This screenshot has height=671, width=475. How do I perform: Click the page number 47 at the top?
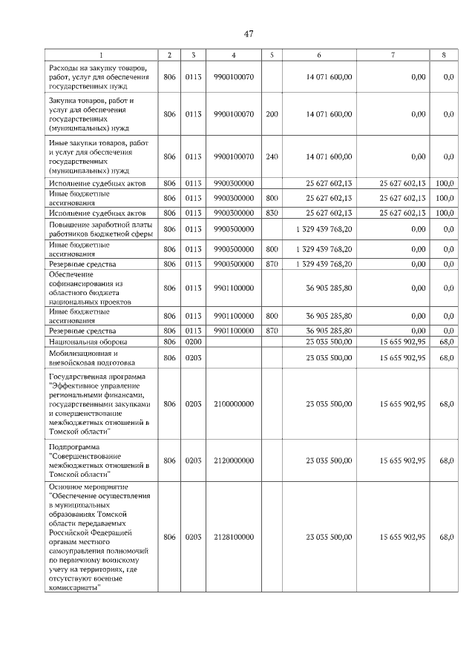coord(249,33)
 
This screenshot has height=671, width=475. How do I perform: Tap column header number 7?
coord(393,55)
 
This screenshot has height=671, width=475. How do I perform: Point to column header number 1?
coord(102,55)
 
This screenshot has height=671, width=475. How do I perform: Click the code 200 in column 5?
coord(272,114)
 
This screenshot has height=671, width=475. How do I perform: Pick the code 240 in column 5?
coord(272,156)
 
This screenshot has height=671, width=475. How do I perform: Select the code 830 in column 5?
coord(272,213)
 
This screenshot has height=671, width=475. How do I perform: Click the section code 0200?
coord(193,342)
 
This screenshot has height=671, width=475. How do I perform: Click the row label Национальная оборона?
coord(88,342)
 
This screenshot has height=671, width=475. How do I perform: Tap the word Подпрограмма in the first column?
coord(73,446)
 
